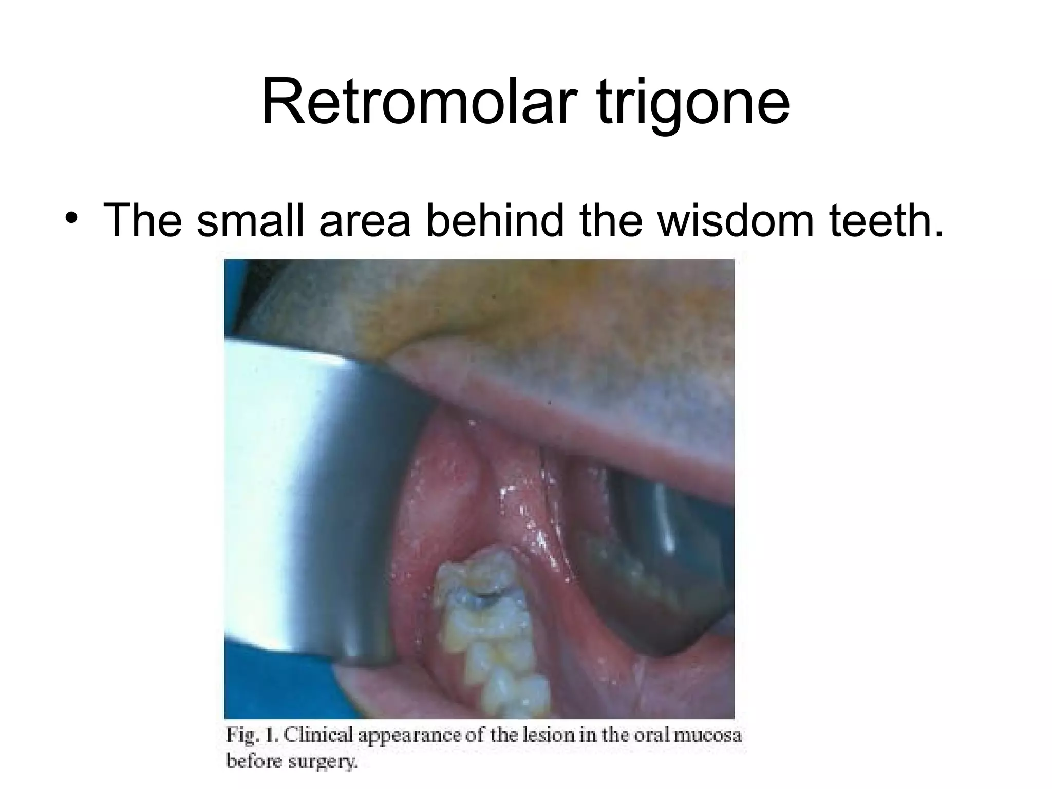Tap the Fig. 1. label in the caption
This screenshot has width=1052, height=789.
click(252, 736)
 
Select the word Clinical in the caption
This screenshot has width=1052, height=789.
click(318, 736)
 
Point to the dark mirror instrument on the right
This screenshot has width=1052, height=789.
click(657, 555)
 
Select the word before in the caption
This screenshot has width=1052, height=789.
click(255, 761)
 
